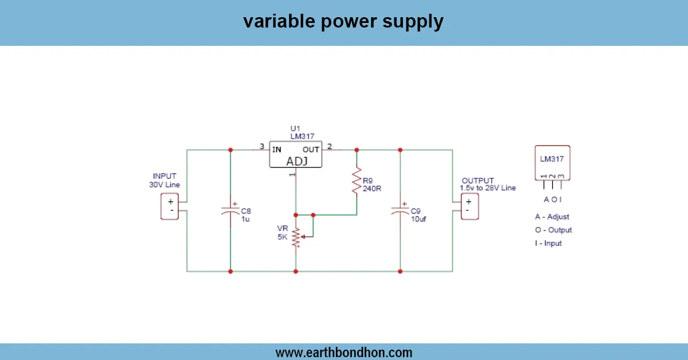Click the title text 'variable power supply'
tap(343, 22)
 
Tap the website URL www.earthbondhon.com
tap(343, 352)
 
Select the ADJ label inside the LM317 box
tap(296, 161)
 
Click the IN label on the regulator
tap(277, 149)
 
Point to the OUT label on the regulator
tap(311, 149)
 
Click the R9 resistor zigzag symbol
tap(357, 181)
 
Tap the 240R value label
tap(372, 188)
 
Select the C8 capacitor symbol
tap(230, 210)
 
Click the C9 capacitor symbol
tap(400, 210)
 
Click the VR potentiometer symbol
tap(296, 238)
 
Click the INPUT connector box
tap(170, 206)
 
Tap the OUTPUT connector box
tap(469, 206)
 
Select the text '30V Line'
tap(165, 185)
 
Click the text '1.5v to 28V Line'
tap(487, 188)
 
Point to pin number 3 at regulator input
tap(261, 147)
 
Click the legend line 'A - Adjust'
tap(552, 217)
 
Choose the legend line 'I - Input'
tap(548, 243)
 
